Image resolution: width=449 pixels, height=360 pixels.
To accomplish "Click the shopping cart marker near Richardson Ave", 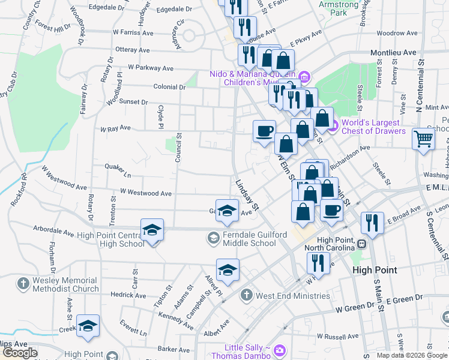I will click(x=424, y=139).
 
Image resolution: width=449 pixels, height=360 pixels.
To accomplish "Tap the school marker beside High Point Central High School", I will click(x=152, y=230).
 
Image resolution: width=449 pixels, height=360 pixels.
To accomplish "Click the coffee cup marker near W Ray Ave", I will click(x=264, y=131).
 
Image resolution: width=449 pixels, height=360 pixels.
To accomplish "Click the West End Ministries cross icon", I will click(x=246, y=295).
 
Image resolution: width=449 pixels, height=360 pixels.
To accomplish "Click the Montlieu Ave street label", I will click(x=393, y=53).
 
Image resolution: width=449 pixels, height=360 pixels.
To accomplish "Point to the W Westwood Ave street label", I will click(x=146, y=193).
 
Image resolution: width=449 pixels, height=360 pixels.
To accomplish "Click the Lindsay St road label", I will click(x=246, y=196).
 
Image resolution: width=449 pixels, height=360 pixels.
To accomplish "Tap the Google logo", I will click(x=20, y=353).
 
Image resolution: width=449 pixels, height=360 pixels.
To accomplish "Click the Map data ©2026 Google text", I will click(x=411, y=355).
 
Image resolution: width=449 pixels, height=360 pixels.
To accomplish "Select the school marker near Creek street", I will click(x=88, y=326).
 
